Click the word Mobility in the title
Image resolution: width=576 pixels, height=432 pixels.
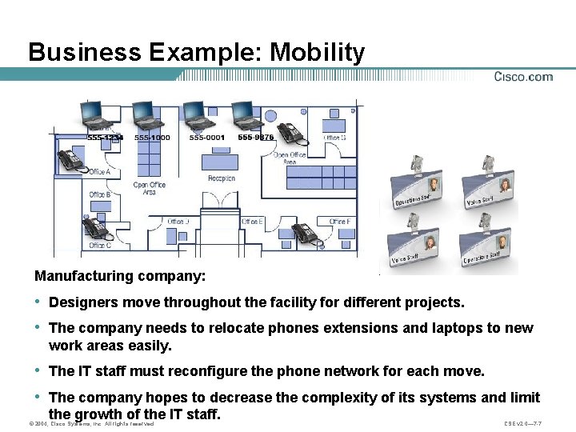click(318, 53)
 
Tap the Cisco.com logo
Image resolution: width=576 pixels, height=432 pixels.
click(523, 77)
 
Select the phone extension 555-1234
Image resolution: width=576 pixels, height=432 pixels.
click(105, 138)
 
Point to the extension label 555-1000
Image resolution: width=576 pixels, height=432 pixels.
click(152, 138)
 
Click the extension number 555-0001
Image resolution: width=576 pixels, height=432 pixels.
click(206, 138)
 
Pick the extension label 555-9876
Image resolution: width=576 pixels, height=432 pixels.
click(256, 138)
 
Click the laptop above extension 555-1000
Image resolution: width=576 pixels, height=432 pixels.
click(147, 117)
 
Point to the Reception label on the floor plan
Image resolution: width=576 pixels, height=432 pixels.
click(222, 178)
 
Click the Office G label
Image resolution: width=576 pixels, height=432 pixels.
click(334, 138)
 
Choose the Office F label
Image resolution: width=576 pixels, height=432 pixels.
click(339, 222)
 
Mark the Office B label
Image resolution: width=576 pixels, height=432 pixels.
click(99, 194)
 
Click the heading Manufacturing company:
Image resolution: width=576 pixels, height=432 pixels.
click(120, 276)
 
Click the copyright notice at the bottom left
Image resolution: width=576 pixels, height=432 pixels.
click(90, 423)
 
